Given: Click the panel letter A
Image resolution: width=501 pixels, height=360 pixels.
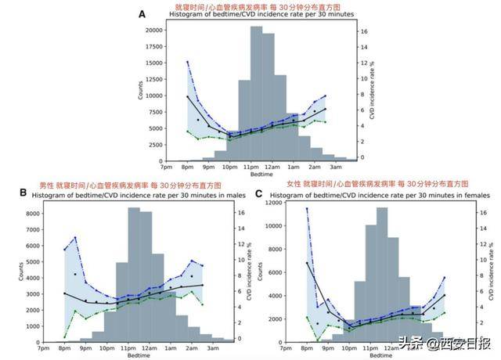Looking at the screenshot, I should coord(142,14).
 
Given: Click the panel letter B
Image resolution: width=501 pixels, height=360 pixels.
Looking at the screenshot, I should coord(23,192).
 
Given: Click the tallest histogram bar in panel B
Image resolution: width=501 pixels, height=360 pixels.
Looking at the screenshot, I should coord(134,274).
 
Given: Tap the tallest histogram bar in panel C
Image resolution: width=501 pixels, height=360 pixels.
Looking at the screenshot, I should coord(382,274).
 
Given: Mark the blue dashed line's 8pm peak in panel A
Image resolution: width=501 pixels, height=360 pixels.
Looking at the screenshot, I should coord(187,62).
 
